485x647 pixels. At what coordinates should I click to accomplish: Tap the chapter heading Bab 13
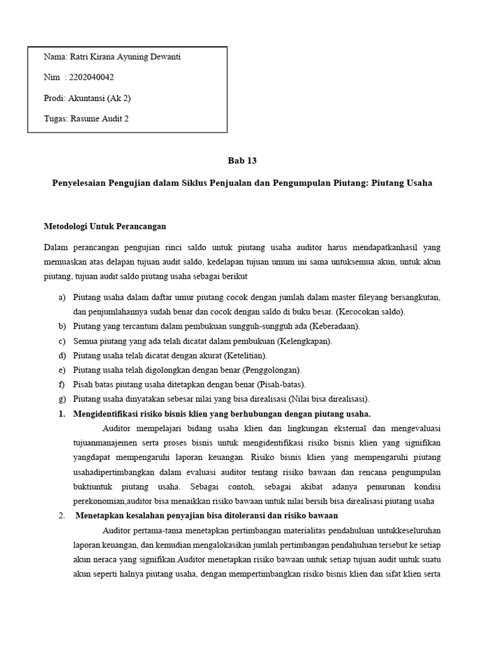click(242, 160)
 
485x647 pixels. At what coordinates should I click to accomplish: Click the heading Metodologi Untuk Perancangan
click(104, 226)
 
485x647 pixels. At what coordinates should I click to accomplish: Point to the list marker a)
click(61, 298)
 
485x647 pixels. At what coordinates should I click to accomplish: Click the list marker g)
click(61, 399)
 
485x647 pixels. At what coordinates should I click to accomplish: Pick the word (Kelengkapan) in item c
click(305, 341)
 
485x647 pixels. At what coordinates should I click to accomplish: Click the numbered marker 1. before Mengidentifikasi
click(61, 414)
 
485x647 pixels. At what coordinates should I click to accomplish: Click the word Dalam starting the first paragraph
click(55, 247)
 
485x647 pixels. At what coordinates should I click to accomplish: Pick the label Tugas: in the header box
click(56, 118)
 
